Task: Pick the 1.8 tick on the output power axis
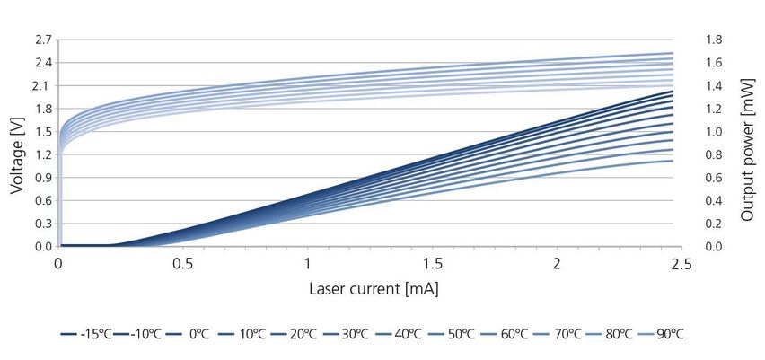703,40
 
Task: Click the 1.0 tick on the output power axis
703,131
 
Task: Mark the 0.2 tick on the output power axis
703,223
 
